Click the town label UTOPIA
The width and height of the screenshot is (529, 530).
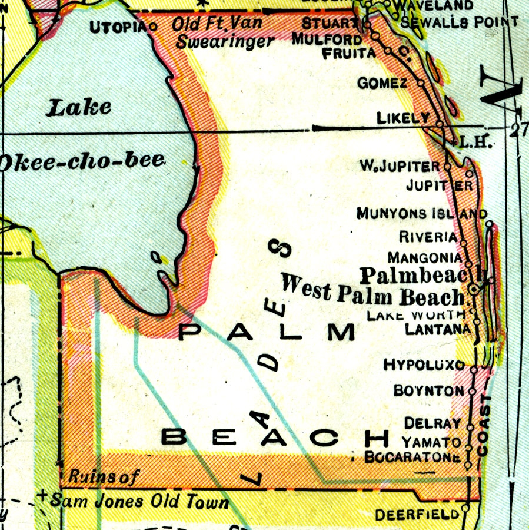coord(119,26)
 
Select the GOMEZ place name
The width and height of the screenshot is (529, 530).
coord(382,83)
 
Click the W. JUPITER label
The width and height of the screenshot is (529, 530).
coord(400,166)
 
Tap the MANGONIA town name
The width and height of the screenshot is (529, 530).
coord(425,257)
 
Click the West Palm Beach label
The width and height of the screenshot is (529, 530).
coord(372,291)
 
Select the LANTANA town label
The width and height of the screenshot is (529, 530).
coord(438,330)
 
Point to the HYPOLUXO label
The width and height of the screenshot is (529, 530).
coord(424,365)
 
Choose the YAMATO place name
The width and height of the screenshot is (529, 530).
coord(431,442)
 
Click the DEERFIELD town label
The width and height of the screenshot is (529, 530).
coord(417,514)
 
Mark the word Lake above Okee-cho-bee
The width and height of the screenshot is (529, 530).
coord(79,108)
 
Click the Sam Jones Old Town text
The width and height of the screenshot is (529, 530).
coord(139,502)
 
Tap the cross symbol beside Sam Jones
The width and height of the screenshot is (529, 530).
coord(42,496)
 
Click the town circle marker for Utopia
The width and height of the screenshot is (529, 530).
coord(154,26)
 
